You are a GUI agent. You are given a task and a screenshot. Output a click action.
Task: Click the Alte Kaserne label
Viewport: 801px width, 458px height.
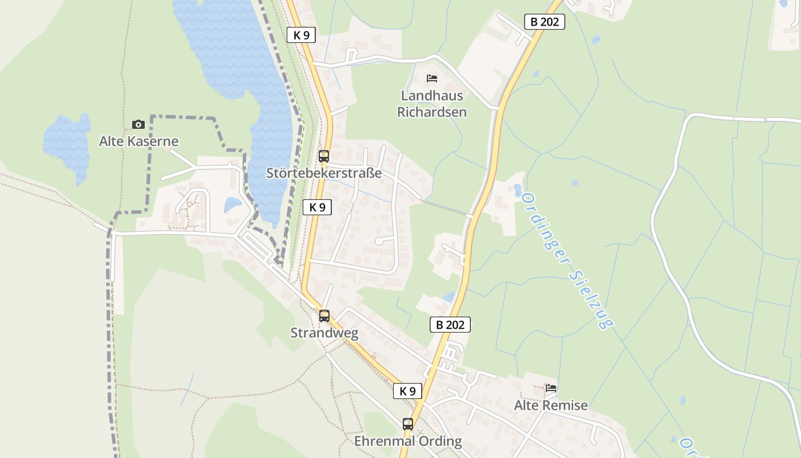pyautogui.click(x=138, y=141)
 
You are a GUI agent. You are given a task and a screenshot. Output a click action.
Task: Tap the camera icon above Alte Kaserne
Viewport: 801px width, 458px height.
pyautogui.click(x=138, y=124)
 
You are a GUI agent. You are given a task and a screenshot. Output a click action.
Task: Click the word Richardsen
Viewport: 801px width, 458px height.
pyautogui.click(x=432, y=112)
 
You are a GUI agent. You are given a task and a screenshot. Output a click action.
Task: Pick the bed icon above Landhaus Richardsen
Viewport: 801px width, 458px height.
pyautogui.click(x=432, y=78)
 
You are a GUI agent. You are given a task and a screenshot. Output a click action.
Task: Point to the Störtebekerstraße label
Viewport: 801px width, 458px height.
pyautogui.click(x=324, y=173)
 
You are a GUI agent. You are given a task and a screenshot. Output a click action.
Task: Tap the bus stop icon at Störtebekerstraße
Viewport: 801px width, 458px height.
pyautogui.click(x=324, y=156)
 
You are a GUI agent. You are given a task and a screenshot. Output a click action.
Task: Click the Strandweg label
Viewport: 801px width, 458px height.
pyautogui.click(x=324, y=333)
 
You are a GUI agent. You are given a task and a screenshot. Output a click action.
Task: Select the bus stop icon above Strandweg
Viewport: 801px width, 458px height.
pyautogui.click(x=324, y=315)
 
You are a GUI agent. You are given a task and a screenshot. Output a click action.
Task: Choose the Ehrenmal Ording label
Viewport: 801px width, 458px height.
pyautogui.click(x=408, y=441)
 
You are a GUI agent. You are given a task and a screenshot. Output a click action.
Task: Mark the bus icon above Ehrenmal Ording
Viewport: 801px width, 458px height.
pyautogui.click(x=407, y=424)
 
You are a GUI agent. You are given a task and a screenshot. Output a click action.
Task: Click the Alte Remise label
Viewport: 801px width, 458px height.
pyautogui.click(x=550, y=405)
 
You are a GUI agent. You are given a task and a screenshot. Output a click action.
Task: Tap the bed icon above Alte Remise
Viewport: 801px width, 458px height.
pyautogui.click(x=551, y=388)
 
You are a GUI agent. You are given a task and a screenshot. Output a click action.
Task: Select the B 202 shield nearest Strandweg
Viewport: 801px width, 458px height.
pyautogui.click(x=450, y=325)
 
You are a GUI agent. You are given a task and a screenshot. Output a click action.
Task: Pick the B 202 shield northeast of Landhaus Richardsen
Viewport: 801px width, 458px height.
pyautogui.click(x=544, y=22)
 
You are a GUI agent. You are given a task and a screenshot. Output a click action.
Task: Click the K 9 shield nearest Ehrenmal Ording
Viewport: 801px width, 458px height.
pyautogui.click(x=407, y=391)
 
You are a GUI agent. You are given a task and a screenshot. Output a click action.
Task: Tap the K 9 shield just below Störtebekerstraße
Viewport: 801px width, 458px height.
pyautogui.click(x=317, y=207)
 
